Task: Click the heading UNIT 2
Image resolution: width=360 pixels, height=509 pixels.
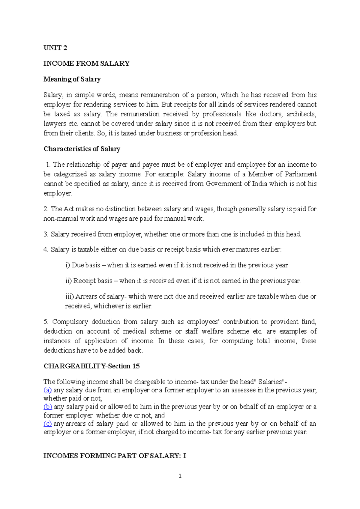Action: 55,48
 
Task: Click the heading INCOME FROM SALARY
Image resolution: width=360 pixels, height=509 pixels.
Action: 86,64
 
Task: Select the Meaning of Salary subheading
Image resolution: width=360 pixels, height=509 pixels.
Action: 72,79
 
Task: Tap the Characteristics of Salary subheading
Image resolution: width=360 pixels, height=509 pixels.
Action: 82,149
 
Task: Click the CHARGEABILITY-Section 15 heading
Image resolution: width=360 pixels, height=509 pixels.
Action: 91,366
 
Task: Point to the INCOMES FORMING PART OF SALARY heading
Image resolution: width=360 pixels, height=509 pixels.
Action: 115,456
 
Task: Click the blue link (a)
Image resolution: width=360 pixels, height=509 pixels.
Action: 48,390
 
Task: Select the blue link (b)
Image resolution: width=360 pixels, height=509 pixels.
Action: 48,407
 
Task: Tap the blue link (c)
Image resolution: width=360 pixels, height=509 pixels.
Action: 48,424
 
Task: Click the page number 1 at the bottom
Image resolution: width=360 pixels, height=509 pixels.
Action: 180,476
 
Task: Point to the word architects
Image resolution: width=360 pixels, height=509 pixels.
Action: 301,114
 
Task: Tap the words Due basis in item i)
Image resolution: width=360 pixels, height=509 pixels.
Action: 86,265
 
